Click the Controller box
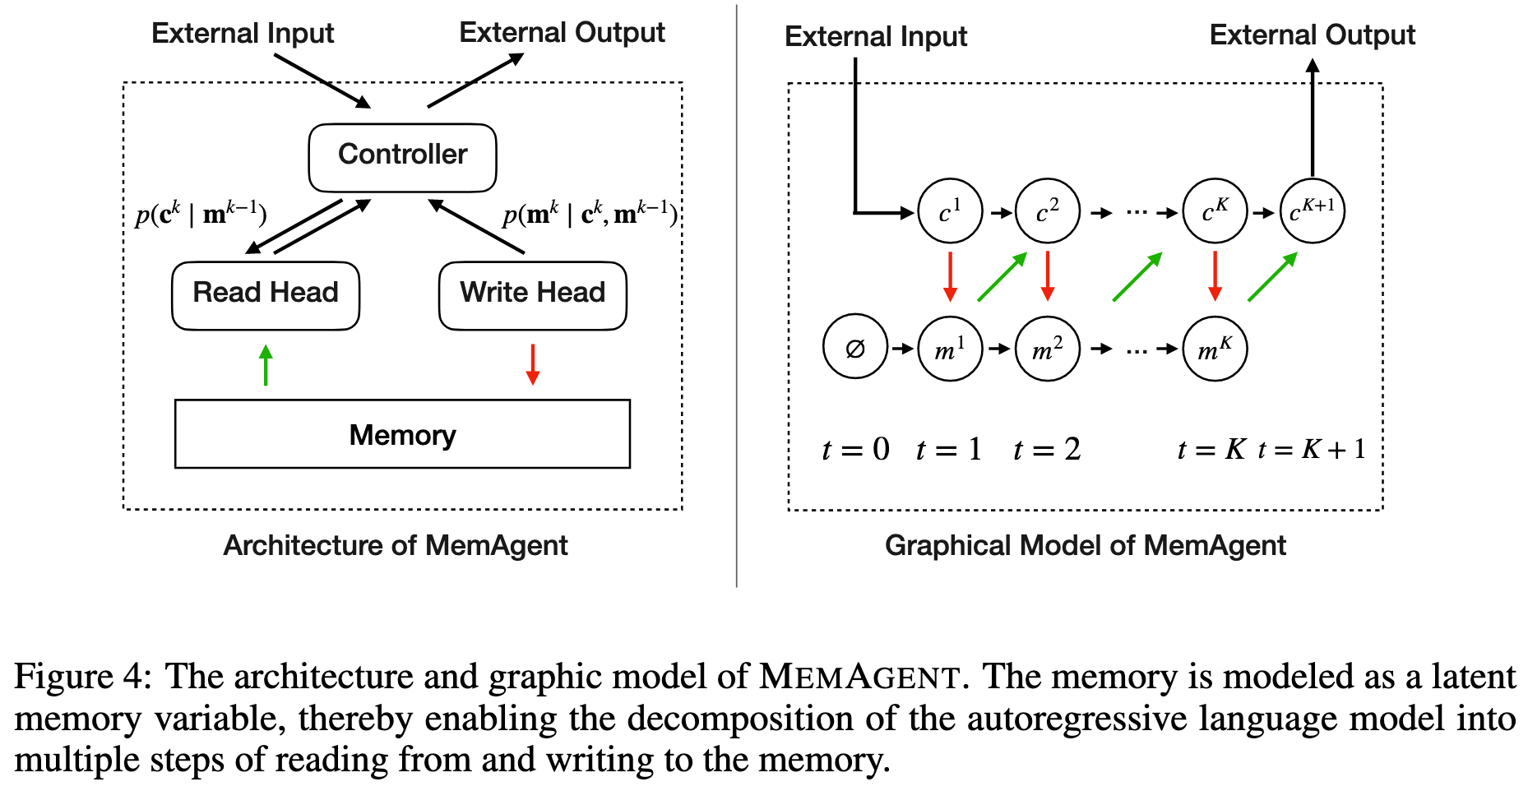pyautogui.click(x=402, y=157)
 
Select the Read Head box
pyautogui.click(x=266, y=295)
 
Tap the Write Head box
pyautogui.click(x=532, y=295)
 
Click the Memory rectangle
pyautogui.click(x=402, y=434)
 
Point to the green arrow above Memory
pyautogui.click(x=266, y=365)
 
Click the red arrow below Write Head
pyautogui.click(x=532, y=364)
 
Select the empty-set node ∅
pyautogui.click(x=855, y=348)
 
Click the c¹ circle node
pyautogui.click(x=950, y=212)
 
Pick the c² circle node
pyautogui.click(x=1047, y=212)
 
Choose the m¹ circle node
pyautogui.click(x=950, y=349)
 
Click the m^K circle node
pyautogui.click(x=1215, y=349)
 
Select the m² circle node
pyautogui.click(x=1047, y=349)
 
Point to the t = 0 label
pyautogui.click(x=855, y=449)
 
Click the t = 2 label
pyautogui.click(x=1047, y=449)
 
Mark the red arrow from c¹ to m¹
pyautogui.click(x=950, y=276)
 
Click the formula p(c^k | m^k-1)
pyautogui.click(x=201, y=215)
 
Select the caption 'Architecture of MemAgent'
pyautogui.click(x=396, y=545)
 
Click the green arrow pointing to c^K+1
pyautogui.click(x=1272, y=277)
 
